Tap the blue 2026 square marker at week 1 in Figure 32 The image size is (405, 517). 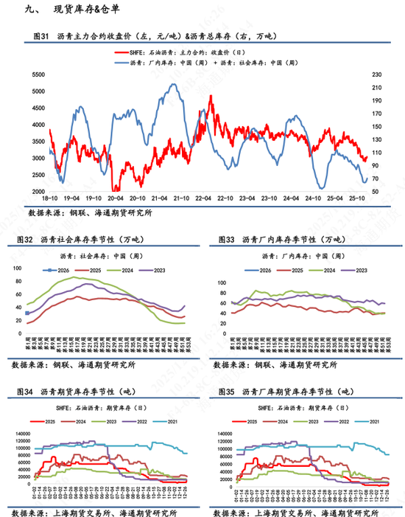pyautogui.click(x=27, y=313)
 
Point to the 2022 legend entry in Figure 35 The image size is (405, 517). pyautogui.click(x=344, y=421)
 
